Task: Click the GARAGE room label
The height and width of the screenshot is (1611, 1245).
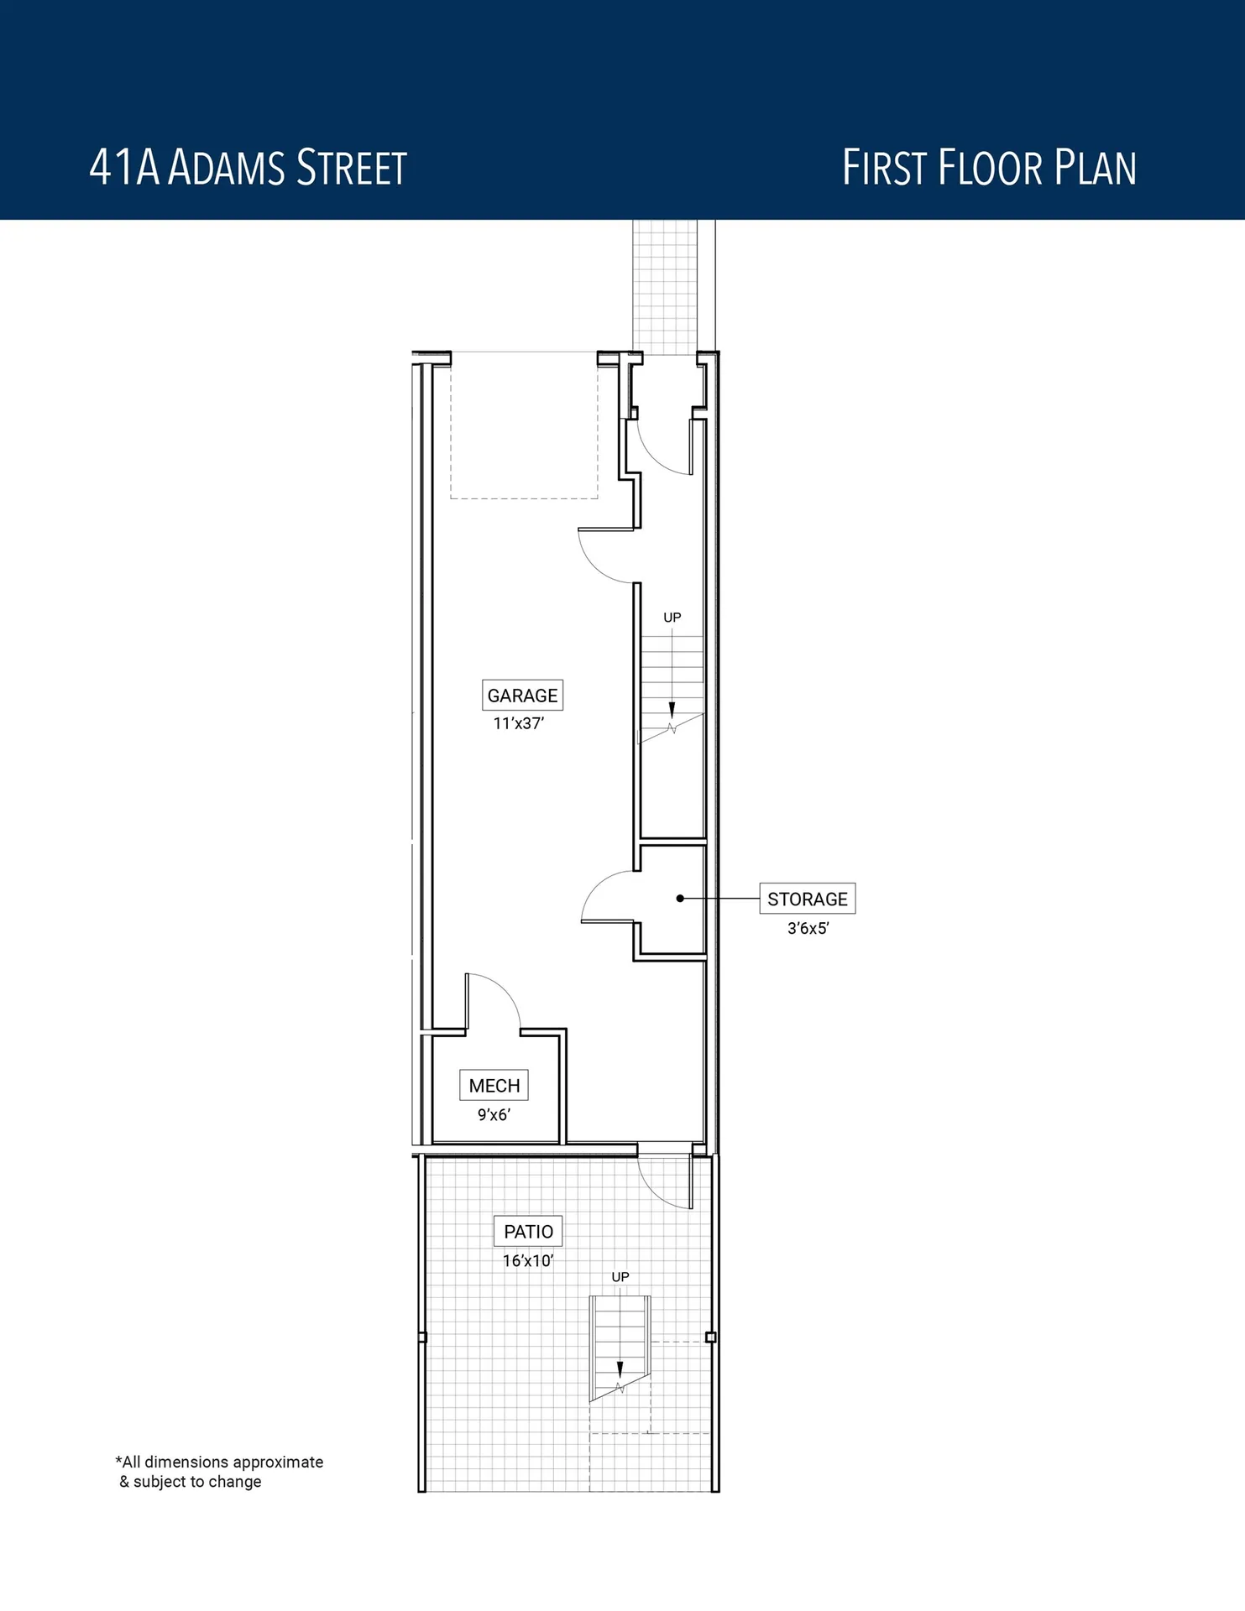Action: point(522,696)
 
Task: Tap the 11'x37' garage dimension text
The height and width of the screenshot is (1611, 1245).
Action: point(519,723)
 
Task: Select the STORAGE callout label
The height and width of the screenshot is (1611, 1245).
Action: point(807,899)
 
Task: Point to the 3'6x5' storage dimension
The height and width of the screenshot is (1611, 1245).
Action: point(808,928)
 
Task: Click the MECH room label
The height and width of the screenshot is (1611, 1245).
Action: point(494,1086)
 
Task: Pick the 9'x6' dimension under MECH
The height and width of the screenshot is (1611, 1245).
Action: point(494,1114)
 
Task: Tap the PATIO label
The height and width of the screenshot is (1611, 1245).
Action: point(528,1232)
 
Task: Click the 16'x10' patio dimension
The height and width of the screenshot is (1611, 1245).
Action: point(528,1260)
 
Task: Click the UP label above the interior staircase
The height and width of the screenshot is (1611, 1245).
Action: point(672,618)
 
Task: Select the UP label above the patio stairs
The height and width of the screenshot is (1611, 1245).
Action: point(620,1277)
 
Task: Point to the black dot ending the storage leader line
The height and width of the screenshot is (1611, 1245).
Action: point(680,899)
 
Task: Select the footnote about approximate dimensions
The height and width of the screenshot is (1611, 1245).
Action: point(218,1472)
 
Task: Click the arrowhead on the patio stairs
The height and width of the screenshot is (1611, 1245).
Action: point(620,1369)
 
